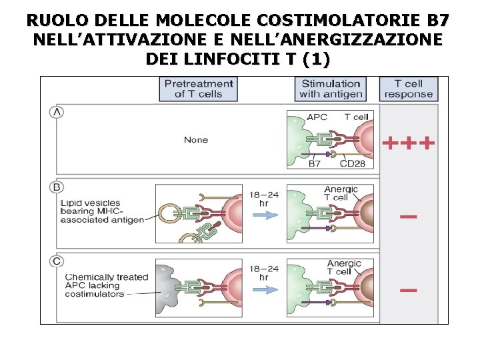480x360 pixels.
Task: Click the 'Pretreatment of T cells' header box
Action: [x=198, y=89]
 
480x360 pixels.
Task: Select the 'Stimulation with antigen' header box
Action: [x=331, y=89]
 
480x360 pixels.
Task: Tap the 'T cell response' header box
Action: [x=408, y=89]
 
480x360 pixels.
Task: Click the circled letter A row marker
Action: [x=57, y=112]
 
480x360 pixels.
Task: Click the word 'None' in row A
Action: [x=196, y=140]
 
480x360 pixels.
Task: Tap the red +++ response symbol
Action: [x=408, y=143]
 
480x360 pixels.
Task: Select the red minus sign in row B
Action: [x=409, y=217]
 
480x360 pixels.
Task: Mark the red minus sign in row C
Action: [x=409, y=290]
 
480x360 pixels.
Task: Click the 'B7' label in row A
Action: [x=315, y=163]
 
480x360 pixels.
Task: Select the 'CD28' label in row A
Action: [x=352, y=163]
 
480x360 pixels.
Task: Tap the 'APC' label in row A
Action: [x=317, y=117]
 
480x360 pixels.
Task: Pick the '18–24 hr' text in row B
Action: [x=264, y=198]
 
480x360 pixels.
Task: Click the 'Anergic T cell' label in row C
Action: [x=344, y=267]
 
